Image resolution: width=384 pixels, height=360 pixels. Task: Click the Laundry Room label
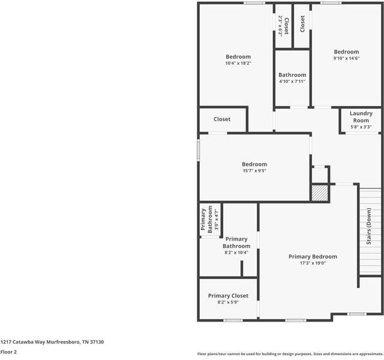tap(361, 117)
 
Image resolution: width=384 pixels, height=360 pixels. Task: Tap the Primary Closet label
tap(228, 296)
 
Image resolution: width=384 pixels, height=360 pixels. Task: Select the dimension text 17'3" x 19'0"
tap(313, 263)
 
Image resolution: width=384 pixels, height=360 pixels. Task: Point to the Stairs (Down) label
tap(369, 226)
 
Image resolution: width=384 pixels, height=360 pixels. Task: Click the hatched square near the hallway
tap(320, 193)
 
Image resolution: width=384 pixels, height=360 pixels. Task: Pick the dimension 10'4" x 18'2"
tap(238, 63)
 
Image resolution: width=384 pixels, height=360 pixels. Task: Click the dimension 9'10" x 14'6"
tap(346, 58)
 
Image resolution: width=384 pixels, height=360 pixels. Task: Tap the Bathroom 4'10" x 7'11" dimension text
tap(292, 82)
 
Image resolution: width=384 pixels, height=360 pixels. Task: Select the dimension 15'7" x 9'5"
tap(254, 170)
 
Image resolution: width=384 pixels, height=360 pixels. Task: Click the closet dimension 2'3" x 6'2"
tap(280, 26)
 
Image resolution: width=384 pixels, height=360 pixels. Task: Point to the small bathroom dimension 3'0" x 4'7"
tap(216, 220)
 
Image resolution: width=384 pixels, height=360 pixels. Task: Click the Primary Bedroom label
tap(313, 257)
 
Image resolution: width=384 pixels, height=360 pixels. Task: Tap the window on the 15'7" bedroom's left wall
tap(199, 150)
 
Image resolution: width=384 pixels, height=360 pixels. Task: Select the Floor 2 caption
tap(8, 352)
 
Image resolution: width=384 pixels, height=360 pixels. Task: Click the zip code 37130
tap(97, 342)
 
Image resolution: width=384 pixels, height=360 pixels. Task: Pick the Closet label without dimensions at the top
tap(302, 24)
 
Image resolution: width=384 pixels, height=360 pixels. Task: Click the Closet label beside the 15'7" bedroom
tap(222, 119)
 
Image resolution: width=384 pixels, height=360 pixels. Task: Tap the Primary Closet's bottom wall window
tap(233, 320)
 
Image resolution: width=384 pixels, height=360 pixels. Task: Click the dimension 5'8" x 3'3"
tap(361, 127)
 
